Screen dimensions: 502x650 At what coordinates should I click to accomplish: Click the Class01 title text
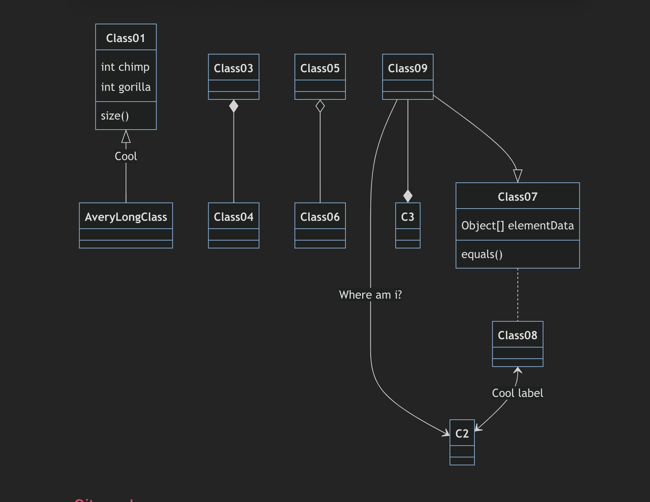pyautogui.click(x=126, y=38)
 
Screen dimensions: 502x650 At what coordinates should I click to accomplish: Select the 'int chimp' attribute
pyautogui.click(x=125, y=67)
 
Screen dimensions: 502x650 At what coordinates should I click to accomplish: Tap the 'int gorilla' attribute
pyautogui.click(x=126, y=87)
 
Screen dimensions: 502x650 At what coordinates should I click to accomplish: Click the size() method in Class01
pyautogui.click(x=115, y=116)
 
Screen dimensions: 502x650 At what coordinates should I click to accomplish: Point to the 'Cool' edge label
pyautogui.click(x=126, y=156)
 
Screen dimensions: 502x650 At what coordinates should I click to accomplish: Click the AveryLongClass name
pyautogui.click(x=126, y=217)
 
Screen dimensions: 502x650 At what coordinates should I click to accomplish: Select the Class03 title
pyautogui.click(x=234, y=68)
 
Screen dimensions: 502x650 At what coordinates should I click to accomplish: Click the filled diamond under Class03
pyautogui.click(x=234, y=106)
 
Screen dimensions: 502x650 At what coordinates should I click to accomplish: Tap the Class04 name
pyautogui.click(x=234, y=217)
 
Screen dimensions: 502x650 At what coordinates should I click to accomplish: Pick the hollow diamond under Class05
pyautogui.click(x=320, y=106)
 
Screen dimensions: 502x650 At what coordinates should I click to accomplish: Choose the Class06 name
pyautogui.click(x=320, y=217)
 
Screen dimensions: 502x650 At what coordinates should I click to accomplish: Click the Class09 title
pyautogui.click(x=408, y=68)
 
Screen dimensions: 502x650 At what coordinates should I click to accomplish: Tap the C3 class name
pyautogui.click(x=408, y=217)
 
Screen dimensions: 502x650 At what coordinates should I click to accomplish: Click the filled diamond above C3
pyautogui.click(x=408, y=196)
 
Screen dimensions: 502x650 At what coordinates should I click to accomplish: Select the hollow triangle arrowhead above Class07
pyautogui.click(x=518, y=175)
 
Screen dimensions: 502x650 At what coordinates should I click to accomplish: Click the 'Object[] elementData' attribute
pyautogui.click(x=518, y=225)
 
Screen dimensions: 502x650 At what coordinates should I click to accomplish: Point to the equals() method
pyautogui.click(x=482, y=254)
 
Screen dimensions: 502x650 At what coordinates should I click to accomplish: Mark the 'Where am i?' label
pyautogui.click(x=370, y=295)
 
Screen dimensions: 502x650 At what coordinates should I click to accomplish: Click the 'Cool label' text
pyautogui.click(x=518, y=393)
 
